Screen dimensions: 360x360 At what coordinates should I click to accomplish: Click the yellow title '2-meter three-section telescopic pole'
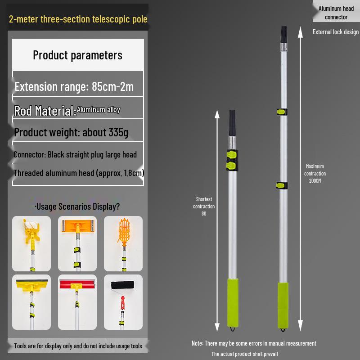[78, 19]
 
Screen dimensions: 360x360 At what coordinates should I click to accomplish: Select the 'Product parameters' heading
[77, 55]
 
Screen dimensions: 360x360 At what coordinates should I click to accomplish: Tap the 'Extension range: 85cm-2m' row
[74, 86]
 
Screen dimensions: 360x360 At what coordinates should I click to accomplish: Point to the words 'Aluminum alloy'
[98, 110]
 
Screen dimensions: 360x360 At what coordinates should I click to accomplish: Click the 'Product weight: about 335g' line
[71, 132]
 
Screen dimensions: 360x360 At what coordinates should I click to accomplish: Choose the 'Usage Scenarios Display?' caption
[77, 207]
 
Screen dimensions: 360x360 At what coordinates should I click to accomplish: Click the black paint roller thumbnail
[123, 302]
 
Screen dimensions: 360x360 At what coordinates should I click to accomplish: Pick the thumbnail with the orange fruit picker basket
[123, 243]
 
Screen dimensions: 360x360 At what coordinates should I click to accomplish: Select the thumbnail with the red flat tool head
[77, 302]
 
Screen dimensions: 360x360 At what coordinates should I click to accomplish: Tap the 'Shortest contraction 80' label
[204, 206]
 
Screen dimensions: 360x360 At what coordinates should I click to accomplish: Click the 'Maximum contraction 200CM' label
[315, 173]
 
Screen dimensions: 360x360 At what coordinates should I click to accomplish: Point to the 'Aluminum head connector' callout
[336, 13]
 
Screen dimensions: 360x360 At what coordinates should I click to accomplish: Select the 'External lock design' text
[335, 32]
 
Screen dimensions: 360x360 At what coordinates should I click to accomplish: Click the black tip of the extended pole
[284, 35]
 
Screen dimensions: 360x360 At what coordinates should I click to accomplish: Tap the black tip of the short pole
[232, 123]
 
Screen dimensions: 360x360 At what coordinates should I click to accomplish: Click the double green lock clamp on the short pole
[232, 160]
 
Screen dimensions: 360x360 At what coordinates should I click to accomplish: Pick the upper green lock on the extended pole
[282, 112]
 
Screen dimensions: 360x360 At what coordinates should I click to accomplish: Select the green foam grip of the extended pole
[283, 306]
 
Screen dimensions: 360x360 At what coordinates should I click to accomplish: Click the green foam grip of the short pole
[233, 302]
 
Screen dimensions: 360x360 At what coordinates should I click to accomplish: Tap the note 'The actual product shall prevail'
[244, 354]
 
